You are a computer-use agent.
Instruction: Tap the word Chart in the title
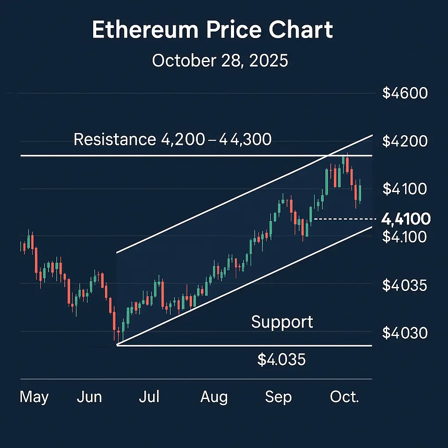[x=299, y=30]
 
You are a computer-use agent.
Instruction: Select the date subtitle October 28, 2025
[x=220, y=60]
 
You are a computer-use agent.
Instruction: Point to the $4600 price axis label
[x=404, y=93]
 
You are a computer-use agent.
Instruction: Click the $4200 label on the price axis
[x=404, y=141]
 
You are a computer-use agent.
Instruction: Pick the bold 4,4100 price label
[x=406, y=218]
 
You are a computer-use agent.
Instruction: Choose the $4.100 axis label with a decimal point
[x=404, y=237]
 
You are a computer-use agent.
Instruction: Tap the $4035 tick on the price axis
[x=404, y=285]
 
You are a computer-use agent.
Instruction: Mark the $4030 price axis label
[x=404, y=333]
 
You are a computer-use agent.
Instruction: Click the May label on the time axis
[x=34, y=397]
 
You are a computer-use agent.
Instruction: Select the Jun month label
[x=89, y=397]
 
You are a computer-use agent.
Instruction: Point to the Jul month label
[x=149, y=397]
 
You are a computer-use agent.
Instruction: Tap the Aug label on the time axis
[x=214, y=397]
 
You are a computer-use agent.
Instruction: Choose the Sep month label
[x=278, y=397]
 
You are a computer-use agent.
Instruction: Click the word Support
[x=282, y=322]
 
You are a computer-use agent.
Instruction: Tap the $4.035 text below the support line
[x=281, y=360]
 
